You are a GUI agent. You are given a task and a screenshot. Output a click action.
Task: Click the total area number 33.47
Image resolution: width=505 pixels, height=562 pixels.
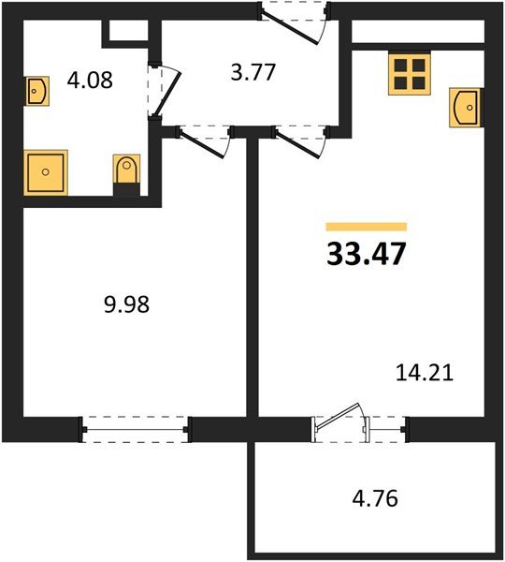367,254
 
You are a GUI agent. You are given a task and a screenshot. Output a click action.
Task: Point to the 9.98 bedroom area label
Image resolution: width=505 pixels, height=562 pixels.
123,304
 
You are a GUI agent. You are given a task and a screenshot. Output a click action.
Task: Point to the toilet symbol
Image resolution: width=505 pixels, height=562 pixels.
126,174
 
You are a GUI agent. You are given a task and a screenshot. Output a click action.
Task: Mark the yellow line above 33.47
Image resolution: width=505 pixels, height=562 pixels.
366,226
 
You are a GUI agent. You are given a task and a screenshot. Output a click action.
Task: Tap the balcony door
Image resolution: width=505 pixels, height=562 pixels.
341,422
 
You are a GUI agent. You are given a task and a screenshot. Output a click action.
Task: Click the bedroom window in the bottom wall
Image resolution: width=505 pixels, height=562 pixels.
135,428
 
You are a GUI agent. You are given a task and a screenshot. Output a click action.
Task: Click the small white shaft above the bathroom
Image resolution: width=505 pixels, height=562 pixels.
128,30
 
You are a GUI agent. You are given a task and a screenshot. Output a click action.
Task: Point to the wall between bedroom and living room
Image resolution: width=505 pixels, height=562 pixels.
252,281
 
